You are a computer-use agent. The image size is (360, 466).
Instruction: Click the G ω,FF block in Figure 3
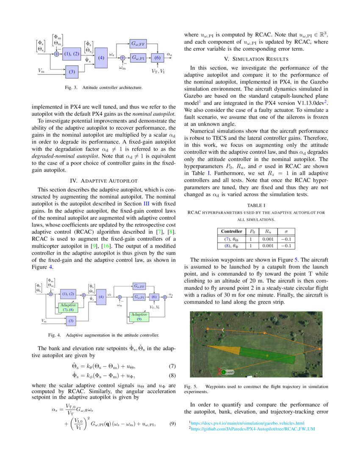coord(138,43)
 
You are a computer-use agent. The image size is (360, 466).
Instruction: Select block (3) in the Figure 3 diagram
coord(72,72)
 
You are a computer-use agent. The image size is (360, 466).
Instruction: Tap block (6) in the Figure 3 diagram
coord(157,57)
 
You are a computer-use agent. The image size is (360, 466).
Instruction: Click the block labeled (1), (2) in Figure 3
coord(71,54)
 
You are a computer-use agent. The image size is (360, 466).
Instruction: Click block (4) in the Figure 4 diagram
coord(101,297)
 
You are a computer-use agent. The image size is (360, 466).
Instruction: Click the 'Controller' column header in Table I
coord(231,231)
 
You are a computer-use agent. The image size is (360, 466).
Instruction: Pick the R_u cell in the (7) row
coord(268,239)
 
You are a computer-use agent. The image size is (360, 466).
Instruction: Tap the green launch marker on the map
coord(224,372)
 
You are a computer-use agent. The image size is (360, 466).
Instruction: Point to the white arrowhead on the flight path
coord(222,330)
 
